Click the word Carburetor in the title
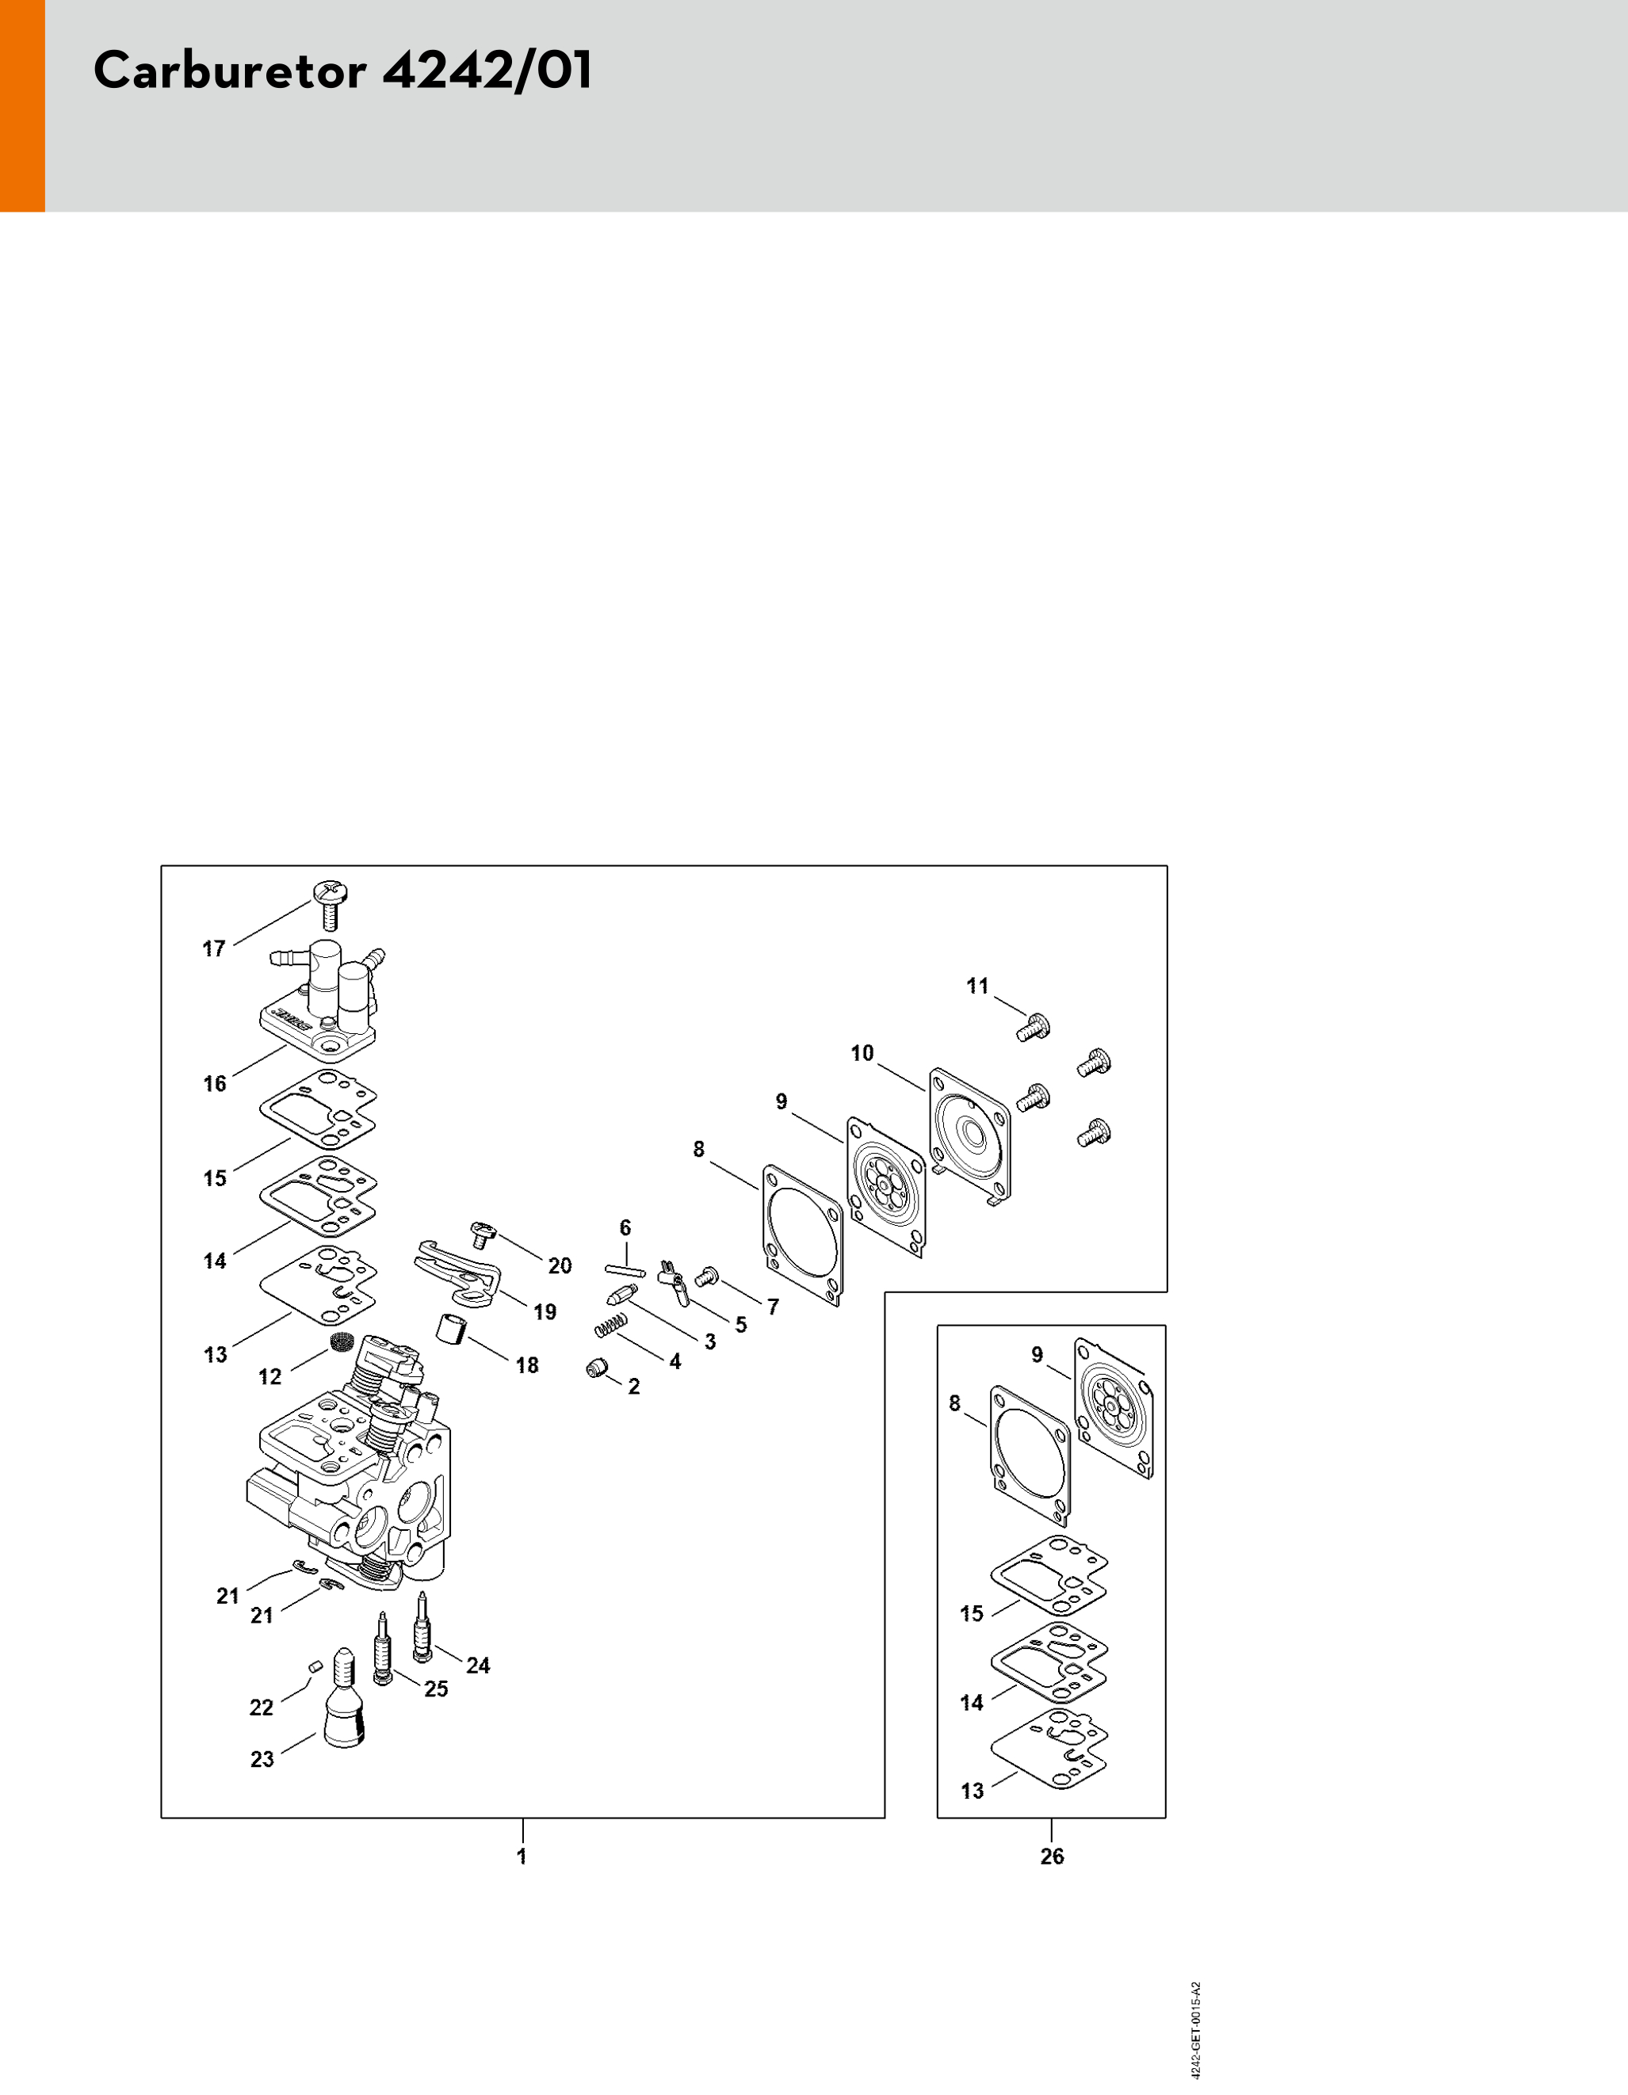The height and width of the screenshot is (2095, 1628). pos(230,71)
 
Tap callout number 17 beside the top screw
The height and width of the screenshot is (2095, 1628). pos(214,948)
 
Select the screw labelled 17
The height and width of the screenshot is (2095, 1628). pos(330,905)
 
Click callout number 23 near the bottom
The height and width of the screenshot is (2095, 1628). pos(262,1759)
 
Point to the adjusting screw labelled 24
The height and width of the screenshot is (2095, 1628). pos(420,1626)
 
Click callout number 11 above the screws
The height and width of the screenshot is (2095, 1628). pos(976,986)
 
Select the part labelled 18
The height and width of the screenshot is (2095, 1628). pos(451,1330)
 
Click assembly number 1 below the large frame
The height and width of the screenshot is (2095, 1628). pos(522,1856)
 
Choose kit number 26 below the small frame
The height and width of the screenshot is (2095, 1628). pos(1053,1856)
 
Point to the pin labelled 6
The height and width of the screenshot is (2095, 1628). pos(625,1271)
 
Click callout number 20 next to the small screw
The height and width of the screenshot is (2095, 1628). pos(560,1266)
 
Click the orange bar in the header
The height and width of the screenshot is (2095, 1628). pos(22,105)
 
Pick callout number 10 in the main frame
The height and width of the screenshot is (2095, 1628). pos(862,1053)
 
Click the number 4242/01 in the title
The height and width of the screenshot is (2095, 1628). pos(487,71)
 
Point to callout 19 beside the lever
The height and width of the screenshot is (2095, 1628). pos(545,1312)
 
